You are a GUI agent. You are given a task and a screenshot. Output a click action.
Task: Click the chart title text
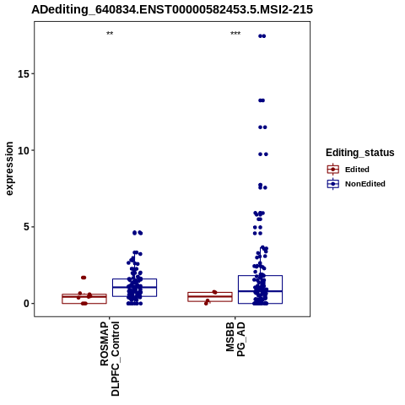coord(172,9)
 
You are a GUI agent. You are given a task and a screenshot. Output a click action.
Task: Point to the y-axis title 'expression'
coord(9,169)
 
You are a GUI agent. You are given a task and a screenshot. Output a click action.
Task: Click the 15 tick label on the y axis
coord(24,74)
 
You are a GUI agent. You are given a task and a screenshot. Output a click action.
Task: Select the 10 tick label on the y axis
coord(24,151)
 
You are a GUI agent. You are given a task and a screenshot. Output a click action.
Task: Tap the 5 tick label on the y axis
coord(27,227)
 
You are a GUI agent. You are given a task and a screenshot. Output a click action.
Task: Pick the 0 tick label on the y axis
coord(27,304)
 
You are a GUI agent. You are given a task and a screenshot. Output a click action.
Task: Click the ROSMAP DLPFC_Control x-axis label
coord(110,359)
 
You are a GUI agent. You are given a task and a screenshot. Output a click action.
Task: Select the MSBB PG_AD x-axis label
coord(235,339)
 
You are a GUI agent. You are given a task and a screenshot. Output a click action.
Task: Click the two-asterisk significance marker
coord(110,34)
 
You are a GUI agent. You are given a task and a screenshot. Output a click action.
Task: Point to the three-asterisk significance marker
coord(235,34)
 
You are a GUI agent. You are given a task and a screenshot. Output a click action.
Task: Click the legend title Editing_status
coord(360,153)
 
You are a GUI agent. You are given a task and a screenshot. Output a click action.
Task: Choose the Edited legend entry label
coord(357,170)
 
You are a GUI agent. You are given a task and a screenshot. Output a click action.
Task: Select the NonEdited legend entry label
coord(365,184)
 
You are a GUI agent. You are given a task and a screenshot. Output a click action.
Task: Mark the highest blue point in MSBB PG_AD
coord(262,36)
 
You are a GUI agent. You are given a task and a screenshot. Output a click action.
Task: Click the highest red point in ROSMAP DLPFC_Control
coord(84,278)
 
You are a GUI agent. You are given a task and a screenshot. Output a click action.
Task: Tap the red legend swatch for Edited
coord(333,170)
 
